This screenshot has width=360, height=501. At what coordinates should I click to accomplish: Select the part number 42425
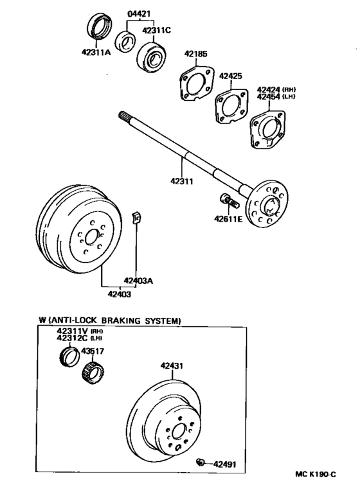tap(230, 76)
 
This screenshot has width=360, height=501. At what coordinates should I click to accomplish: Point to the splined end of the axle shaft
tap(127, 117)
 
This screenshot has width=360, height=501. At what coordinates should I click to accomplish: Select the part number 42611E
tap(228, 220)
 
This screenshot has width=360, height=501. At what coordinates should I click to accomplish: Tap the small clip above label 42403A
tap(136, 217)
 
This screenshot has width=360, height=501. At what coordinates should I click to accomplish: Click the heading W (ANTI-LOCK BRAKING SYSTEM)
tap(109, 320)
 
